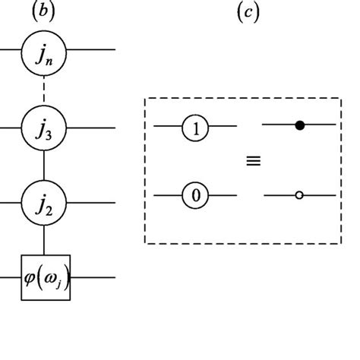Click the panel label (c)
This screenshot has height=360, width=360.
(248, 13)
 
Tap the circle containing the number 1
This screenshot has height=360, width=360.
(196, 128)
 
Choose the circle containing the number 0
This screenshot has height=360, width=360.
(196, 196)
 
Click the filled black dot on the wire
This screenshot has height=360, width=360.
(299, 125)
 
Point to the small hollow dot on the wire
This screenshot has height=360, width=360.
(299, 196)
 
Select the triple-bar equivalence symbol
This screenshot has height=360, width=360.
(253, 161)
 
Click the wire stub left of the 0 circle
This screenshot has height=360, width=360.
(167, 196)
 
